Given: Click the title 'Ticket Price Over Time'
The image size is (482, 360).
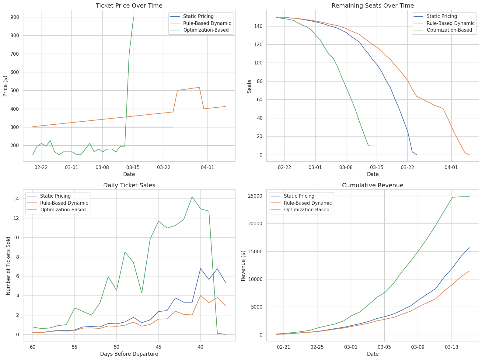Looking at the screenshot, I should pyautogui.click(x=129, y=6).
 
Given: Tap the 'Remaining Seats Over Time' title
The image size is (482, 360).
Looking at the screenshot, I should pyautogui.click(x=373, y=6).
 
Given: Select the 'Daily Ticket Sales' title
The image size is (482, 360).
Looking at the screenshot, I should pyautogui.click(x=129, y=185).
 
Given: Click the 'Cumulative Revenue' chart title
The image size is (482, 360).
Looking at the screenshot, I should pyautogui.click(x=373, y=185).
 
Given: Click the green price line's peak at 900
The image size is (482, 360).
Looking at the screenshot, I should pyautogui.click(x=134, y=17).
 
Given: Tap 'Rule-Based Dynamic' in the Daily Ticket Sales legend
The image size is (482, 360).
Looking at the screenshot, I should pyautogui.click(x=64, y=203).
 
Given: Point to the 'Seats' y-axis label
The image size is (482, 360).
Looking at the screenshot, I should pyautogui.click(x=249, y=86).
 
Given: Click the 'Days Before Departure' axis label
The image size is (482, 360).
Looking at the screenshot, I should pyautogui.click(x=129, y=354).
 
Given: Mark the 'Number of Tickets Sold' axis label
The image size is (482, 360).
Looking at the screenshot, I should pyautogui.click(x=8, y=266).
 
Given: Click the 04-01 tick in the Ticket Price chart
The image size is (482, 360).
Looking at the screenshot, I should pyautogui.click(x=208, y=167).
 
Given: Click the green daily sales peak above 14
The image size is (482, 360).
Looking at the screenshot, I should pyautogui.click(x=192, y=197).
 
